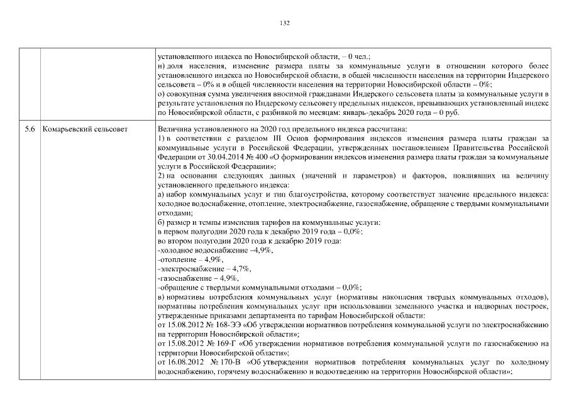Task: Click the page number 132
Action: pyautogui.click(x=284, y=23)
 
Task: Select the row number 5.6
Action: pyautogui.click(x=30, y=129)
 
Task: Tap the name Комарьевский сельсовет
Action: pyautogui.click(x=85, y=129)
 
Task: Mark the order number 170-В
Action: pyautogui.click(x=230, y=362)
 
